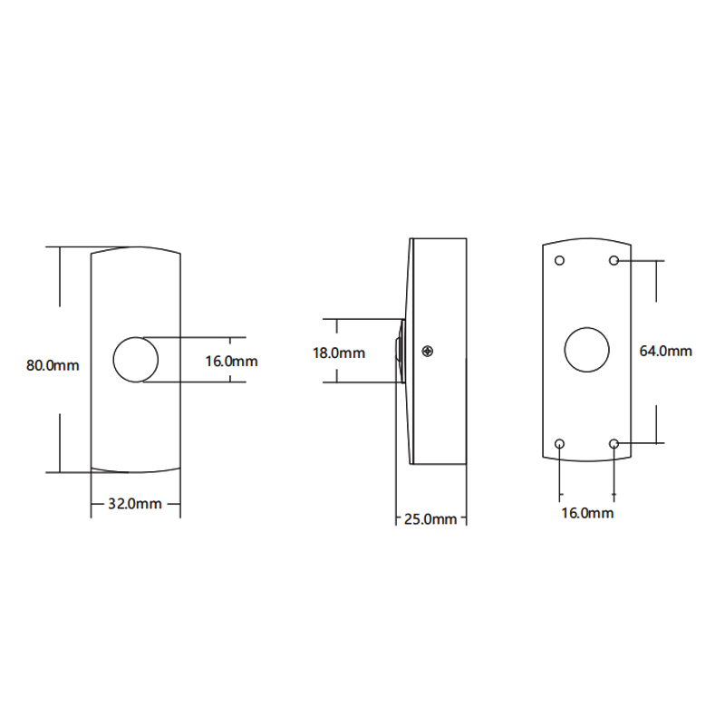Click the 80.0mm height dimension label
coord(53,365)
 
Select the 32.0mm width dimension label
coord(134,504)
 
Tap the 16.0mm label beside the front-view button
coord(231,361)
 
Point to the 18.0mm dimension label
coord(339,353)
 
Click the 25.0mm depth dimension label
coord(430,518)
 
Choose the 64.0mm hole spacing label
coord(665,351)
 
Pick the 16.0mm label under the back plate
coord(587,513)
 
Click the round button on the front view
coord(135,359)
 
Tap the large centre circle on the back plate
coord(586,350)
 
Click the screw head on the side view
coord(428,352)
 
